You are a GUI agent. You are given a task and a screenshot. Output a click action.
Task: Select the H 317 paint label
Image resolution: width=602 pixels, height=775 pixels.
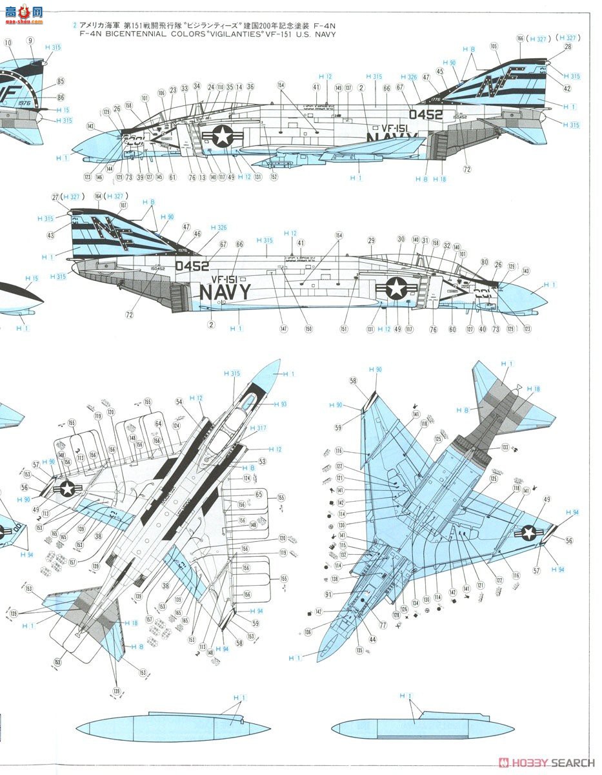[x=257, y=428]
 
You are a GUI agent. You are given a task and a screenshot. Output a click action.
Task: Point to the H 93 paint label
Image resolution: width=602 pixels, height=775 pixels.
[x=280, y=404]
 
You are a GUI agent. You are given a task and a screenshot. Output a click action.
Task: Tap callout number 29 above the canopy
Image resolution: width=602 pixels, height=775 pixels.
[x=371, y=240]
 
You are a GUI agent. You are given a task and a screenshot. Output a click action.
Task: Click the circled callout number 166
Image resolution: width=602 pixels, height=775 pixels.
[x=520, y=39]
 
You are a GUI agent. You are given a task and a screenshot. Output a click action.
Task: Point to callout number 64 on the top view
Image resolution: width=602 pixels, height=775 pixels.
[x=158, y=424]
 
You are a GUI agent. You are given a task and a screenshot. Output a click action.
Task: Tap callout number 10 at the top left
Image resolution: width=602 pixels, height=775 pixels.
[x=8, y=43]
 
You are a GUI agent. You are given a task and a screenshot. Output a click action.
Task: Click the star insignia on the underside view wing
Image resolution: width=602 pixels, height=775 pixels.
[x=529, y=532]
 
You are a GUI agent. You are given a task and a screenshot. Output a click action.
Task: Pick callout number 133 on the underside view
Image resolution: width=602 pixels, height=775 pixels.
[x=505, y=447]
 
